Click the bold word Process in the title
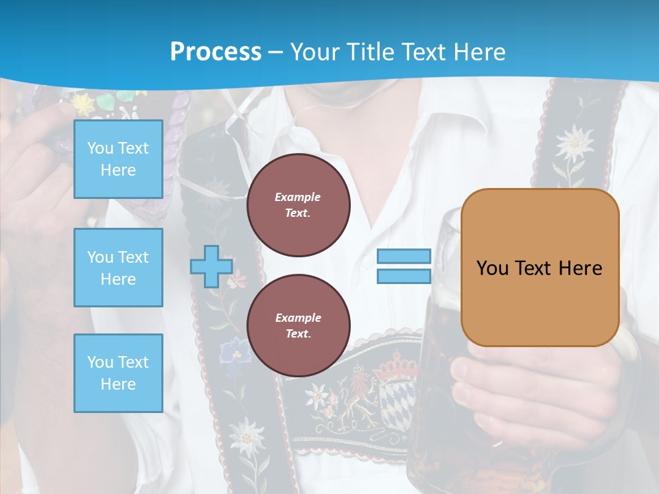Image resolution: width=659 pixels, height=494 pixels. click(216, 51)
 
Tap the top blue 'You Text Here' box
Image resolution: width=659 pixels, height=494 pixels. click(118, 159)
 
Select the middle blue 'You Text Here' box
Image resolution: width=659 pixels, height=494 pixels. click(118, 268)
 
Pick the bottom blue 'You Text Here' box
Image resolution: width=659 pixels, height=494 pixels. click(118, 373)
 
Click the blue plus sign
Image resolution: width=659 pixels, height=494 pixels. click(211, 266)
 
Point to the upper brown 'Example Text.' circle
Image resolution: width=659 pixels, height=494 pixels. click(298, 205)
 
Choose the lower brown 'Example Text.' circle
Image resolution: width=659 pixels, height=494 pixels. click(298, 326)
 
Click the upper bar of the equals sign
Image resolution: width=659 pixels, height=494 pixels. click(404, 256)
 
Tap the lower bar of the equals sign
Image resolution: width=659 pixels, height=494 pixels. click(404, 276)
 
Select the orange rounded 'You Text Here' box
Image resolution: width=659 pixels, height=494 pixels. click(540, 268)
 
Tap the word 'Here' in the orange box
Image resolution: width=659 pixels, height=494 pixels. click(580, 268)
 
